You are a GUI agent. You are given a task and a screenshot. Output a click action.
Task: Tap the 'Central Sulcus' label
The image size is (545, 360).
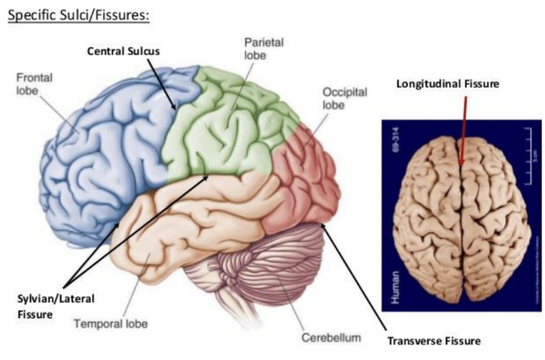(123, 50)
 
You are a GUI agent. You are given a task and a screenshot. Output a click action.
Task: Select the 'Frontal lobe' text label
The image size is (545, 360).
(35, 84)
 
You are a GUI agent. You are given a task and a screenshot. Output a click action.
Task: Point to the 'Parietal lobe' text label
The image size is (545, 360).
(262, 48)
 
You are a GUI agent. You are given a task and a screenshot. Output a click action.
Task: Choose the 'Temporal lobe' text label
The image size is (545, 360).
(110, 324)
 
